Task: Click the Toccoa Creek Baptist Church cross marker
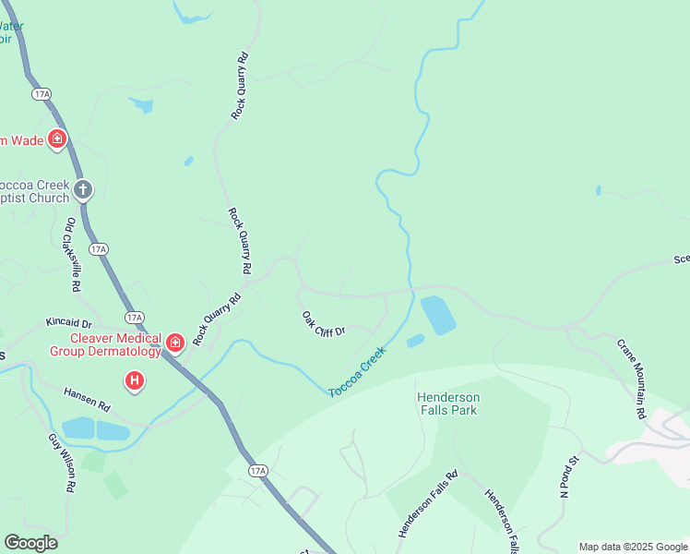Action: click(83, 190)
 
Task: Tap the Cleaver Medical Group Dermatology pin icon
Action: click(175, 343)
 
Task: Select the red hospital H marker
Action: click(135, 379)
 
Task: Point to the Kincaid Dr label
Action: click(69, 323)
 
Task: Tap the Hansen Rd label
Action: click(87, 399)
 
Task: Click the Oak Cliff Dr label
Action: click(324, 323)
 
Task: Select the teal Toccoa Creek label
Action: click(356, 373)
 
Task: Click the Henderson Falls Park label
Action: click(447, 403)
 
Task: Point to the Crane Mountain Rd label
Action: click(631, 379)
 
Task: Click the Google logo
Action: click(30, 543)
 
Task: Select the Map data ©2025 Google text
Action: click(633, 547)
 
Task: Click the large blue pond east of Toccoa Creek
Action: click(437, 315)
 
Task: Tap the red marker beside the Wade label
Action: click(57, 139)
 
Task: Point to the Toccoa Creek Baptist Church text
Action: click(37, 190)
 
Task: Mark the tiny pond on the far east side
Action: click(598, 190)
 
